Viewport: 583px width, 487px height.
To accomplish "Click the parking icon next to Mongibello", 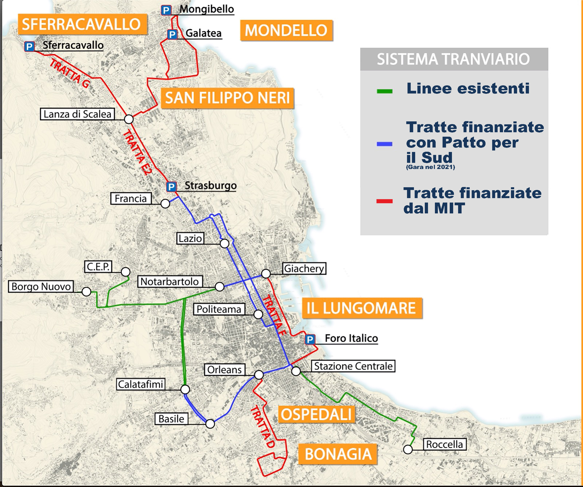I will pyautogui.click(x=166, y=11).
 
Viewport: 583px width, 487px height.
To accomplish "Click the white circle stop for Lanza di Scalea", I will pyautogui.click(x=129, y=119).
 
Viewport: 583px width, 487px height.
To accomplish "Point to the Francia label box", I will pyautogui.click(x=131, y=199).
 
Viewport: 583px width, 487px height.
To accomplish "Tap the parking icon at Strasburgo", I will pyautogui.click(x=171, y=187).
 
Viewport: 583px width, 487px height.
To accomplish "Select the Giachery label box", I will pyautogui.click(x=304, y=268).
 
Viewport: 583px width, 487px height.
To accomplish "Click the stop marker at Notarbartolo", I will pyautogui.click(x=219, y=286).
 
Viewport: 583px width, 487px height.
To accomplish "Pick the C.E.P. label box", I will pyautogui.click(x=98, y=267).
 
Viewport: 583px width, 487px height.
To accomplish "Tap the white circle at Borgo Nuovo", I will pyautogui.click(x=86, y=291).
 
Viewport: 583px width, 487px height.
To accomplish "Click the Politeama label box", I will pyautogui.click(x=219, y=309).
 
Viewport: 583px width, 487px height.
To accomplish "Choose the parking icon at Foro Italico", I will pyautogui.click(x=310, y=339).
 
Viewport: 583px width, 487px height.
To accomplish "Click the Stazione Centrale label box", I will pyautogui.click(x=353, y=366).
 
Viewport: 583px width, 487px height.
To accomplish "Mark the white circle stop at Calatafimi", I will pyautogui.click(x=185, y=389).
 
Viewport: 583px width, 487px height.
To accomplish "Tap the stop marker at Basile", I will pyautogui.click(x=210, y=424).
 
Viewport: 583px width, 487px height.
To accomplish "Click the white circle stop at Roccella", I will pyautogui.click(x=408, y=449).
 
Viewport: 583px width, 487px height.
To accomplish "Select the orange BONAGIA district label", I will pyautogui.click(x=338, y=454).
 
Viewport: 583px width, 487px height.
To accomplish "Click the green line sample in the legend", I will pyautogui.click(x=385, y=91).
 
